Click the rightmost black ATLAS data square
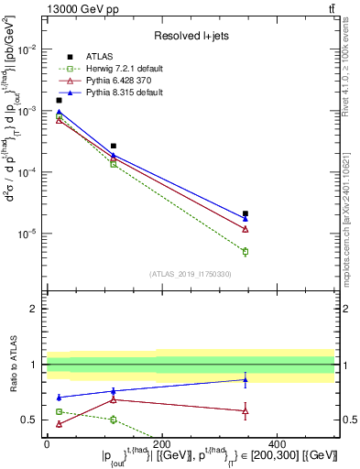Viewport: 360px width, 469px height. [x=245, y=213]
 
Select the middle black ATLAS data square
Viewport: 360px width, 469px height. [x=114, y=146]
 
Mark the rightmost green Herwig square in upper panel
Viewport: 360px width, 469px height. [x=245, y=251]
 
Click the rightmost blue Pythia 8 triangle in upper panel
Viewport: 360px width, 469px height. [x=245, y=219]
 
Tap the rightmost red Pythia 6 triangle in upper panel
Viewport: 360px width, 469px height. [x=245, y=229]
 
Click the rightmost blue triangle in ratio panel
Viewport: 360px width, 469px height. [x=245, y=379]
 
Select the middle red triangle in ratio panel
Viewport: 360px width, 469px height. [x=114, y=398]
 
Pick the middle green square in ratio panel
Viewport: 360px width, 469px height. [x=114, y=420]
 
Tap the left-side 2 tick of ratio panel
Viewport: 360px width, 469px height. [x=36, y=309]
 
